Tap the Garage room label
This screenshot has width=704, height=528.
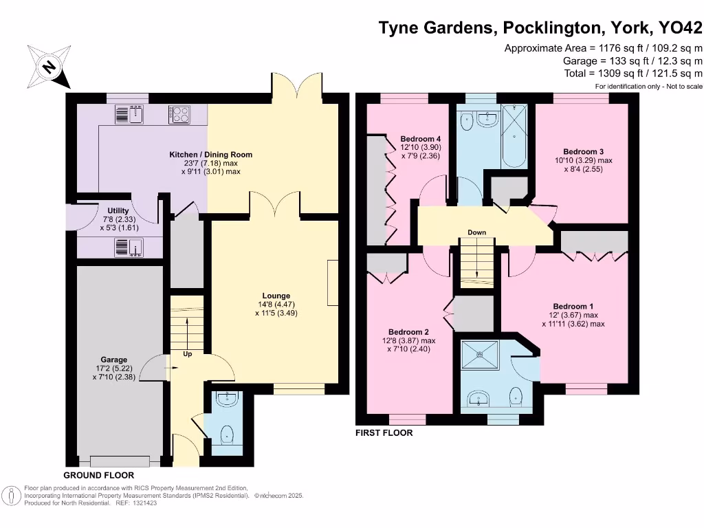coord(114,360)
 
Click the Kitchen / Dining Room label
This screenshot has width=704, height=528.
coord(211,155)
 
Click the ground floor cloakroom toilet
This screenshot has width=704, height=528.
coord(225,434)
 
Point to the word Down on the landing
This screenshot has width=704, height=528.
coord(477,232)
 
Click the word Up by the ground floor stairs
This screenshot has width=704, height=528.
coord(188,354)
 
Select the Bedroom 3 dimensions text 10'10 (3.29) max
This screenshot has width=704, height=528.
coord(583,160)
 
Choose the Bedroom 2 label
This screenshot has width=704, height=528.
coord(408,331)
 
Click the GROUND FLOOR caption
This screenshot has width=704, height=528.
coord(98,475)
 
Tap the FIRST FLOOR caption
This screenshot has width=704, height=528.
coord(384,433)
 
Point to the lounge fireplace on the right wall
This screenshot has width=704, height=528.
coord(333,283)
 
